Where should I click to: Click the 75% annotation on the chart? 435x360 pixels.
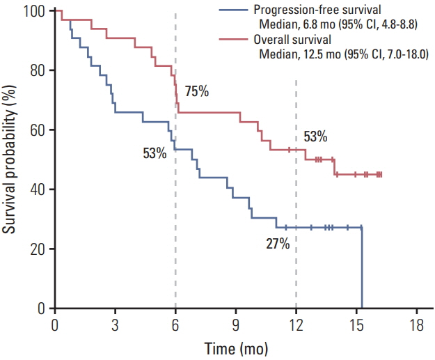197,92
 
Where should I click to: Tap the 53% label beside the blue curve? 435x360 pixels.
155,153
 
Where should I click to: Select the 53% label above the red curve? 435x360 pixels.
315,136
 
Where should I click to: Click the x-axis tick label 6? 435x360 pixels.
175,324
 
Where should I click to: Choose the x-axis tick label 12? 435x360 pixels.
296,324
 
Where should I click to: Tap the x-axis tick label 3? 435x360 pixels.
115,324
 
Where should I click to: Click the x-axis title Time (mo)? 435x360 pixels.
236,347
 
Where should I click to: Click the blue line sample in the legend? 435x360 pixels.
234,10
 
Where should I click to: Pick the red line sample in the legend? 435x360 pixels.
234,40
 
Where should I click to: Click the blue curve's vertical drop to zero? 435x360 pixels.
362,268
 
